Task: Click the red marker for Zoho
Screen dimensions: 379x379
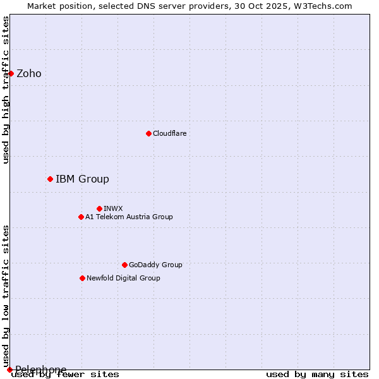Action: pos(11,73)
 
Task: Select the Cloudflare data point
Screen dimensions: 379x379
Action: pos(148,133)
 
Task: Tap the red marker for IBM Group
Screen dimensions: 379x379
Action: pos(50,179)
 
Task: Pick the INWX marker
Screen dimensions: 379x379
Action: pos(99,208)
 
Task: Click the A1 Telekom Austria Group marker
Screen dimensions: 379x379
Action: pos(81,217)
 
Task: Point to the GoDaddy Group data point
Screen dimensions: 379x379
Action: pos(124,265)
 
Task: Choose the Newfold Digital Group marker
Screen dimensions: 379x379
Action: pos(82,278)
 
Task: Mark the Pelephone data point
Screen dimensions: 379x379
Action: pos(9,370)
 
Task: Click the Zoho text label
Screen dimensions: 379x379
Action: pos(29,74)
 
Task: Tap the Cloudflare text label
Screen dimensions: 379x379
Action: pos(170,133)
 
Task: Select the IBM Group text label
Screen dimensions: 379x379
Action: pos(82,179)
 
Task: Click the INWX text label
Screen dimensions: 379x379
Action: pos(114,208)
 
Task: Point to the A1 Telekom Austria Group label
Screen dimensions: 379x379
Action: pos(129,217)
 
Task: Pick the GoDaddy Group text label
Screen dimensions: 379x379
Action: pos(155,265)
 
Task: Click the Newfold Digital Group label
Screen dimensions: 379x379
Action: pos(123,278)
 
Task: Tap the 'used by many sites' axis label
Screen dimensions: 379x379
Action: pos(317,374)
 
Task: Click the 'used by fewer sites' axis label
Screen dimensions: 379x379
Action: pos(65,374)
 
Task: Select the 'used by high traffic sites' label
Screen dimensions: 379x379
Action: pos(6,90)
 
